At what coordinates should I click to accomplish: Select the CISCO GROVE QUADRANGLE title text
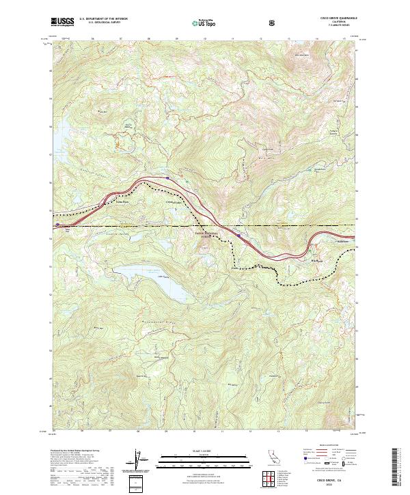click(333, 18)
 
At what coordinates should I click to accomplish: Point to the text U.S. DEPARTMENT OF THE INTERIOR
click(103, 18)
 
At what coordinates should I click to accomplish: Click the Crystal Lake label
click(176, 203)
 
